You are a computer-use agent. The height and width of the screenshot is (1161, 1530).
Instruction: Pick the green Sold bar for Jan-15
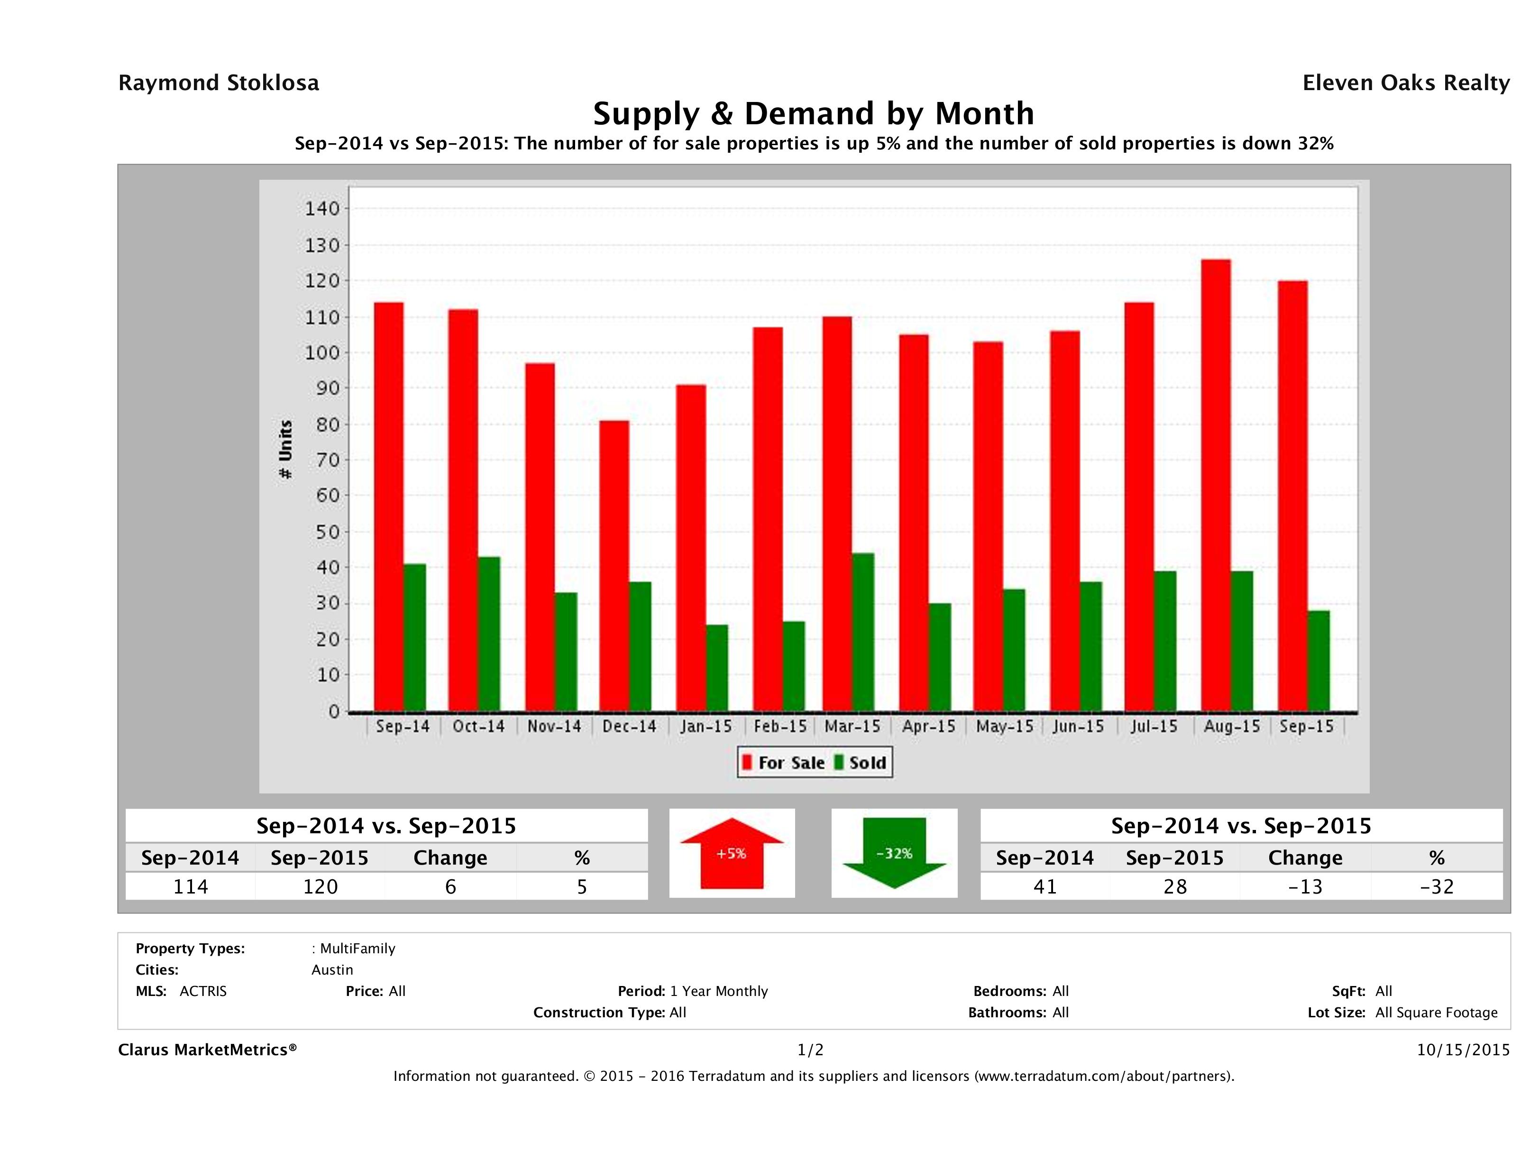pyautogui.click(x=716, y=668)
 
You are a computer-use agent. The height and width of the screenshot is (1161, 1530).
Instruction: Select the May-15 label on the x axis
pyautogui.click(x=1004, y=727)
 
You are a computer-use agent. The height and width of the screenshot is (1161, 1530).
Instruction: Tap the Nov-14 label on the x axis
pyautogui.click(x=554, y=727)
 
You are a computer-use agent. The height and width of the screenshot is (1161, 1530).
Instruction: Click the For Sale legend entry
pyautogui.click(x=784, y=763)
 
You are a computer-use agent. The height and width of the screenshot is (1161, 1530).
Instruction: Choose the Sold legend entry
pyautogui.click(x=861, y=763)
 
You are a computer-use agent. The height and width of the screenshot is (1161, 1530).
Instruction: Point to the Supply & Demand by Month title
pyautogui.click(x=814, y=113)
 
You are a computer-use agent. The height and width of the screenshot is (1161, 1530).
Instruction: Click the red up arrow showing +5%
pyautogui.click(x=732, y=853)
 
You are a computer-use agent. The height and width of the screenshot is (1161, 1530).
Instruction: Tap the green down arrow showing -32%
pyautogui.click(x=894, y=853)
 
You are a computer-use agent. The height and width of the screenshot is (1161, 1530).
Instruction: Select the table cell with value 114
pyautogui.click(x=190, y=886)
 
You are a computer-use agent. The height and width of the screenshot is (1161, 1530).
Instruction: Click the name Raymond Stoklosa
pyautogui.click(x=219, y=83)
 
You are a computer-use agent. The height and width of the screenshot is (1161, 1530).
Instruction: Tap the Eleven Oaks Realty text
pyautogui.click(x=1405, y=83)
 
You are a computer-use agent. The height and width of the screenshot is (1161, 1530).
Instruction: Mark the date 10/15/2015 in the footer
pyautogui.click(x=1463, y=1050)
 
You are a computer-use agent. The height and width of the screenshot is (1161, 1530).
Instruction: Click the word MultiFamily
pyautogui.click(x=357, y=949)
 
